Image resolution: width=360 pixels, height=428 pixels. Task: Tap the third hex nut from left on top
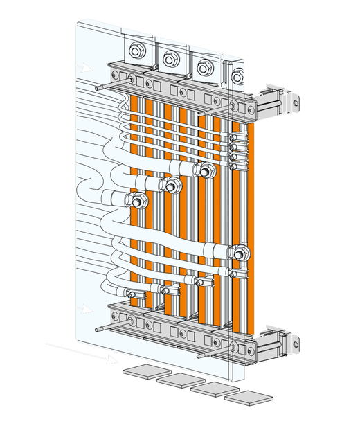point(204,68)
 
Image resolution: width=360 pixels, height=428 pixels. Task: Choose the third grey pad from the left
point(212,389)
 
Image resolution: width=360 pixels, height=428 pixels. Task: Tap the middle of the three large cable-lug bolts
point(171,185)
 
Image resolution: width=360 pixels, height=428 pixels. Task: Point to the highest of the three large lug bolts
point(206,170)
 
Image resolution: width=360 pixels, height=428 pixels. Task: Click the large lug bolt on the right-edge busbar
point(239,253)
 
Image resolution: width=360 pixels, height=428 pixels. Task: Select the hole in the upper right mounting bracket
point(296,104)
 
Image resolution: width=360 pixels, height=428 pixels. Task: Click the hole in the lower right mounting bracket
point(296,341)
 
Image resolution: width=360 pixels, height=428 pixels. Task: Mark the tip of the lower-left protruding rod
point(99,330)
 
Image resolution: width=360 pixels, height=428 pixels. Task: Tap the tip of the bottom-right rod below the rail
point(200,356)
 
